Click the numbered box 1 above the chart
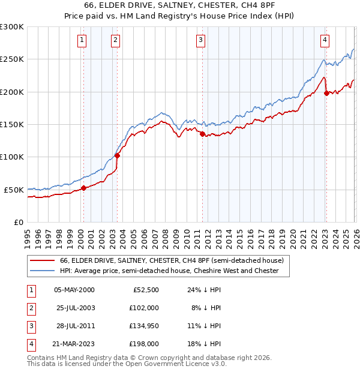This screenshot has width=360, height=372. click(82, 40)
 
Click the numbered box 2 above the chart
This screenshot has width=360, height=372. click(115, 40)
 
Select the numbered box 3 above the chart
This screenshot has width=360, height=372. click(200, 40)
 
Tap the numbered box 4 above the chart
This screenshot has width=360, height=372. click(325, 40)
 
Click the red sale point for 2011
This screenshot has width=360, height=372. click(202, 134)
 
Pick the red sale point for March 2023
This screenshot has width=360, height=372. click(326, 93)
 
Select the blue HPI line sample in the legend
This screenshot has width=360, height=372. click(43, 271)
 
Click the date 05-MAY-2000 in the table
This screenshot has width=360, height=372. click(74, 290)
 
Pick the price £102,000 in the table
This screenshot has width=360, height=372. click(143, 308)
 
